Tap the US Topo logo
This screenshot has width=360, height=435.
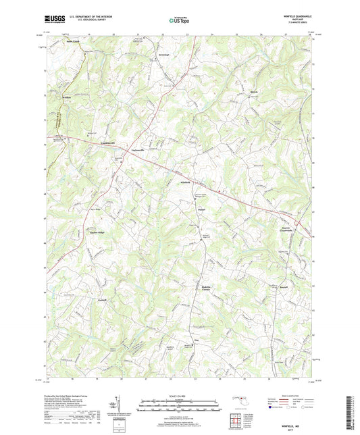pyautogui.click(x=180, y=21)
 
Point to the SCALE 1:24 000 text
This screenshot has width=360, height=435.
pyautogui.click(x=180, y=396)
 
